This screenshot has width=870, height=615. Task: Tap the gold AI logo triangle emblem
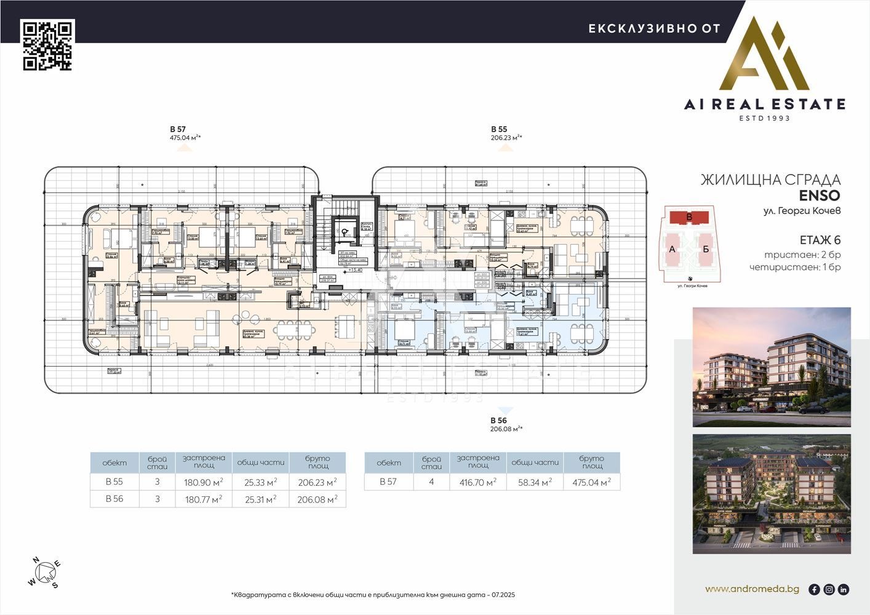point(765,57)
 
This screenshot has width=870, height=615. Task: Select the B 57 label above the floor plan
point(178,129)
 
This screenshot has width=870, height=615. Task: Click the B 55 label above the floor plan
point(499,129)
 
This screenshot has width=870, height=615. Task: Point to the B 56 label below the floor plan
point(498,420)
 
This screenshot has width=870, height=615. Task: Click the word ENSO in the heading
point(820,196)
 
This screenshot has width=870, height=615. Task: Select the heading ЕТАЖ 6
point(820,240)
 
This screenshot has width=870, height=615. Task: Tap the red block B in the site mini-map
point(689,217)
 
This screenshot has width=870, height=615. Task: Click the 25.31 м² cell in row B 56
point(260,499)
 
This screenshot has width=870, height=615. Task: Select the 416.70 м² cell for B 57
point(478,482)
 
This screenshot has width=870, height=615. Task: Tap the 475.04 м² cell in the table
point(591,482)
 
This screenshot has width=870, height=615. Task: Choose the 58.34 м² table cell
point(535,482)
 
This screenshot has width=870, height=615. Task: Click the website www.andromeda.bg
point(752,589)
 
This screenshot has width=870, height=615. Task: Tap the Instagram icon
point(829,589)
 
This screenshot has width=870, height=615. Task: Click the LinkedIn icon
point(844,589)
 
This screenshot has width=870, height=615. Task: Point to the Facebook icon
point(814,589)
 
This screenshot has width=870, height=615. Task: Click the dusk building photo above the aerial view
point(772,367)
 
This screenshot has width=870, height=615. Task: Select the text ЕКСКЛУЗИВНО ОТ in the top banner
point(654,28)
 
